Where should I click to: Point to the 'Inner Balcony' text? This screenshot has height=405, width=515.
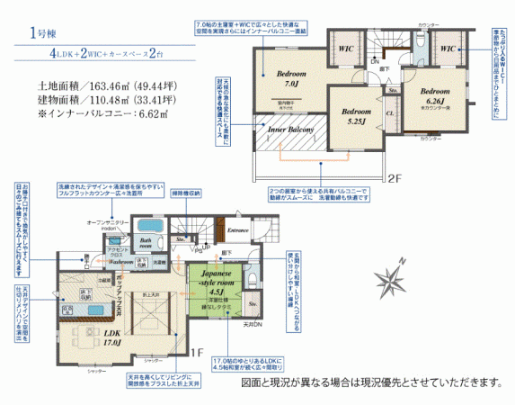point(290,130)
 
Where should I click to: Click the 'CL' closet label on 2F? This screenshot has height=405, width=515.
point(389,114)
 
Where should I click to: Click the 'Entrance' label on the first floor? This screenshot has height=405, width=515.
point(238,230)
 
